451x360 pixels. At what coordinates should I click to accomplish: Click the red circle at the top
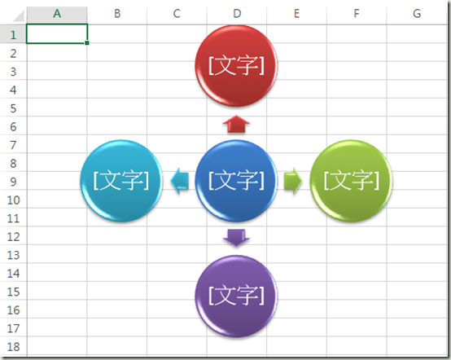coord(236,66)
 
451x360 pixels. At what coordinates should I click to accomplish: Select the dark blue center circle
coord(236,181)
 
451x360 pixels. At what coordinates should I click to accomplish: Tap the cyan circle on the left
coord(121,181)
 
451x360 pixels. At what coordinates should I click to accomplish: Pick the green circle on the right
coord(351,181)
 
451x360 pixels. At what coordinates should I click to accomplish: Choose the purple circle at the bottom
coord(236,296)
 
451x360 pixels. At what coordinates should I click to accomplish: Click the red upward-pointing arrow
coord(236,124)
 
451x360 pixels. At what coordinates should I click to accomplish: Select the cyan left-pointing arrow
coord(180,181)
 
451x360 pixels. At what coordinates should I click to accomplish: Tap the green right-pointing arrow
coord(293,181)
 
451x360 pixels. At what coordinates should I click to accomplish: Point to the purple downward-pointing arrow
coord(236,238)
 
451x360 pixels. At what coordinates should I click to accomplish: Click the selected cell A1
coord(57,34)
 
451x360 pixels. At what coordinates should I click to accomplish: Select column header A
coord(57,14)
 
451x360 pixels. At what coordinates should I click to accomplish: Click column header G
coord(417,14)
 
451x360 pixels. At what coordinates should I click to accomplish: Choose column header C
coord(177,14)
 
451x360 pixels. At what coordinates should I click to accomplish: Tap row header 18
coord(13,346)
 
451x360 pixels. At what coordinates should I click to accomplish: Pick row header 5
coord(13,108)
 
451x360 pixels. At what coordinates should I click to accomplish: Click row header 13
coord(13,255)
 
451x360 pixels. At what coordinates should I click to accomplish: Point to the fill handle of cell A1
coord(87,43)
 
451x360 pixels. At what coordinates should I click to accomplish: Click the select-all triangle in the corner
coord(19,16)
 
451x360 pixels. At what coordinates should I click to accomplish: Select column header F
coord(357,14)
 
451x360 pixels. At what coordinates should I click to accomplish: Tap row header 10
coord(13,200)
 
